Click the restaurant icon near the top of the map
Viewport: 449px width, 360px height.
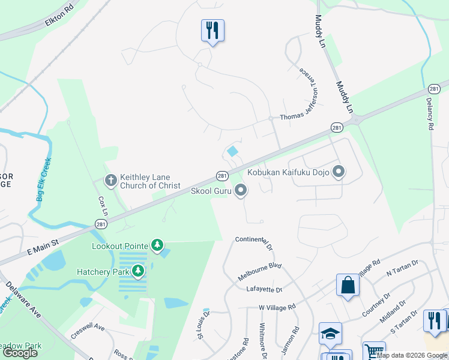(212, 30)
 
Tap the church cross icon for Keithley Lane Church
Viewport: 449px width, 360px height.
(110, 180)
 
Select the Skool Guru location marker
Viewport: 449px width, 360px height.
(241, 191)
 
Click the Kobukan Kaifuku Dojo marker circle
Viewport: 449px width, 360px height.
(339, 172)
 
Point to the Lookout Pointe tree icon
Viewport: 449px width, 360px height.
(157, 245)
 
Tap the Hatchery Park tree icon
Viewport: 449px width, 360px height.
(139, 271)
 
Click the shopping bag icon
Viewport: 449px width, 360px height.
(348, 285)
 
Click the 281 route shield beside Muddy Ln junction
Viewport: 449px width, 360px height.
(337, 127)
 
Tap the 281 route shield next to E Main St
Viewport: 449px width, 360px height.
(100, 224)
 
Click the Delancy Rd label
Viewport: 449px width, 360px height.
(430, 114)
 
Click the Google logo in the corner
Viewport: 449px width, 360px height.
(20, 353)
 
